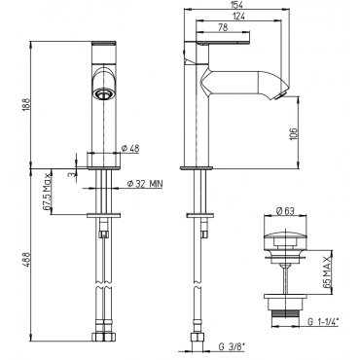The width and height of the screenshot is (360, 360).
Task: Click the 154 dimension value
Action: click(x=234, y=4)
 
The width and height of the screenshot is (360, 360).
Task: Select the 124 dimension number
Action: click(x=238, y=16)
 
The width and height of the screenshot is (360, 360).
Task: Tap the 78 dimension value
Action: click(x=223, y=27)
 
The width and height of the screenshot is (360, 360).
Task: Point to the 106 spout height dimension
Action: click(x=292, y=133)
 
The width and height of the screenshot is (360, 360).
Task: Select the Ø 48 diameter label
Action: click(x=130, y=148)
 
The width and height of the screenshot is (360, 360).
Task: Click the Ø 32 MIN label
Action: click(x=144, y=184)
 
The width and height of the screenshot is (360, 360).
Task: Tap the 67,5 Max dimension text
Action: click(x=48, y=192)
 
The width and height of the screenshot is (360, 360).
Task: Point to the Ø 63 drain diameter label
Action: click(x=285, y=211)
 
